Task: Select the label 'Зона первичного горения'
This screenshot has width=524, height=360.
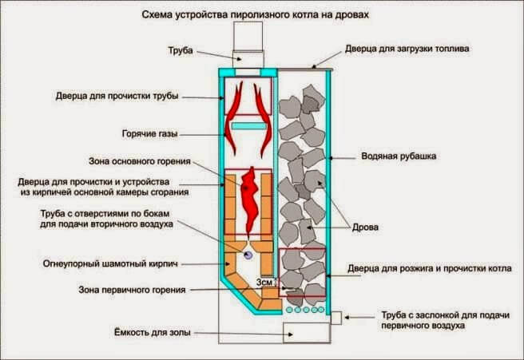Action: pos(137,290)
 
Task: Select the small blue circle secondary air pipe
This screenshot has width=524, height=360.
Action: pos(248,254)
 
